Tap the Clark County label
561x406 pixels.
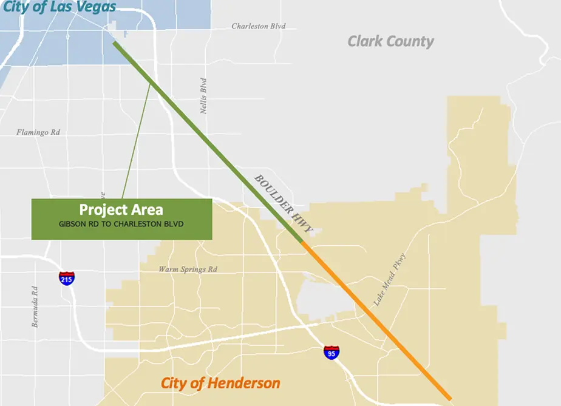390,41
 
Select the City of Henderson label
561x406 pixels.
220,383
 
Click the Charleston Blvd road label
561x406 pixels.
259,27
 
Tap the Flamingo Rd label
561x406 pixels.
38,132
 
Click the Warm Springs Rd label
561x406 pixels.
188,269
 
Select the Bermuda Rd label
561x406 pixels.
35,306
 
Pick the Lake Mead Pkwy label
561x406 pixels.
389,279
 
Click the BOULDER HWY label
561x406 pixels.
282,204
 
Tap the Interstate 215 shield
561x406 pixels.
67,278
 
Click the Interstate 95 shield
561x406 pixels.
331,353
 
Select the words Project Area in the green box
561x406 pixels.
121,210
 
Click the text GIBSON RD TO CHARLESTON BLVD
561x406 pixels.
121,224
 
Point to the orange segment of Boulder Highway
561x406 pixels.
376,322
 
